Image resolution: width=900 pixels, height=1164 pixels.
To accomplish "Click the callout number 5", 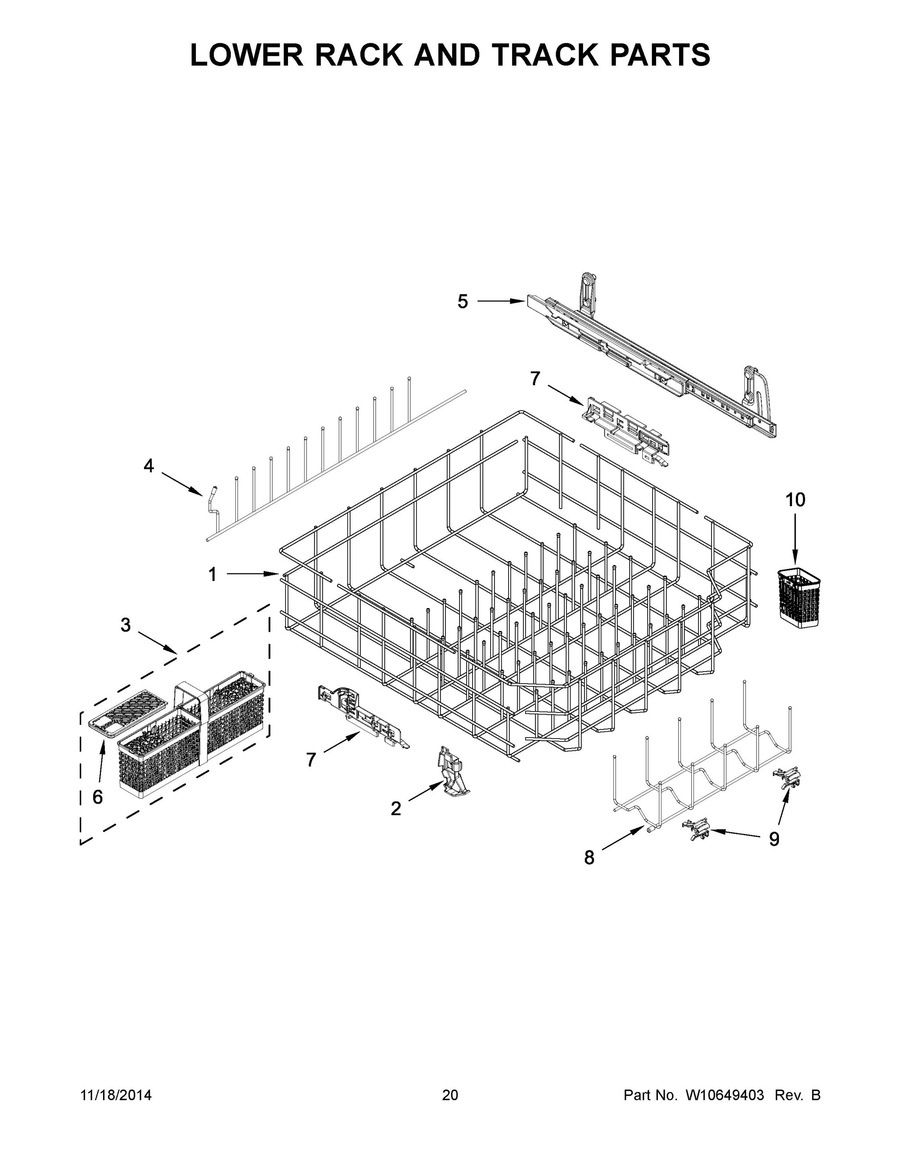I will [463, 302].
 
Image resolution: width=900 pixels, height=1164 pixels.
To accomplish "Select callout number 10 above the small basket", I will [795, 500].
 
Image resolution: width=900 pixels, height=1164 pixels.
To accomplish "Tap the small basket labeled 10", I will [798, 596].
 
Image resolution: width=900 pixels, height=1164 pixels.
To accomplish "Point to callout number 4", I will [149, 466].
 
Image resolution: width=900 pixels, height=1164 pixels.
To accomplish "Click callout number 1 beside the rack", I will [212, 574].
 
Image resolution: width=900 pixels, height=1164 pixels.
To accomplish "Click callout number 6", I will [98, 797].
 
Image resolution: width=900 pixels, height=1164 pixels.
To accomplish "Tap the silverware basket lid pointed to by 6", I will [120, 712].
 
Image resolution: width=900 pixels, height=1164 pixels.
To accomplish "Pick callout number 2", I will [396, 809].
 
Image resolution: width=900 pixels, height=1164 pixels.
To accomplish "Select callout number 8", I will [589, 858].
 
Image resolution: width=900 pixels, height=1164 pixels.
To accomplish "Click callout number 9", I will [774, 839].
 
